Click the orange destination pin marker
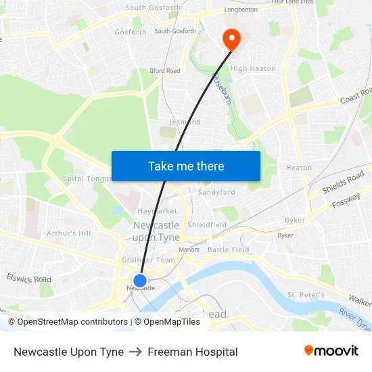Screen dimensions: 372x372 point(231,38)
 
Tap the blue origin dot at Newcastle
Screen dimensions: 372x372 point(140,281)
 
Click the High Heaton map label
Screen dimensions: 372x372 point(253,68)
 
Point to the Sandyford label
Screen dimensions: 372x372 point(216,192)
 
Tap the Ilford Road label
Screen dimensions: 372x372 point(164,70)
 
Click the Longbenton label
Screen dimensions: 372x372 point(240,10)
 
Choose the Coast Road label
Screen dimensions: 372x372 point(356,95)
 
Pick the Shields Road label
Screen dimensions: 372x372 point(343,183)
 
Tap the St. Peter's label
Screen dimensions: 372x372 point(306,295)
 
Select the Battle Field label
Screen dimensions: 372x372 point(228,250)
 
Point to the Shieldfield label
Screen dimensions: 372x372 point(207,225)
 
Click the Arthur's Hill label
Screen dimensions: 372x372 point(68,233)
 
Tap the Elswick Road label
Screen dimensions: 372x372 point(28,279)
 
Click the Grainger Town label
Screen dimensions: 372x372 point(148,260)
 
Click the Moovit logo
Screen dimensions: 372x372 point(331,351)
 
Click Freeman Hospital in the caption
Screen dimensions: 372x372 point(193,352)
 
